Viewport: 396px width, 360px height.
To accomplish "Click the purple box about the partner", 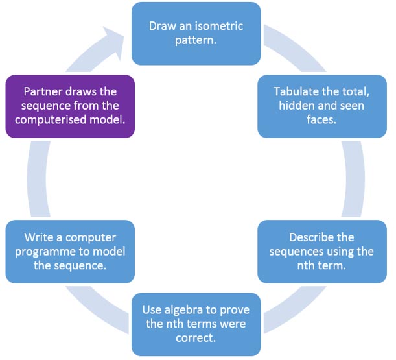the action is (x=70, y=106).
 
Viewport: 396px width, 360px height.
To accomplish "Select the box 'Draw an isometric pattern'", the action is (x=196, y=34).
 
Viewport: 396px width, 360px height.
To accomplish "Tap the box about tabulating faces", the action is (x=322, y=106).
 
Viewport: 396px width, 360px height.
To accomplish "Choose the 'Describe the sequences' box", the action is (x=322, y=252).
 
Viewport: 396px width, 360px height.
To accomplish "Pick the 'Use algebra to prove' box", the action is (x=196, y=324).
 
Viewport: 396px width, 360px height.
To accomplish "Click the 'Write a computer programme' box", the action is (x=70, y=252).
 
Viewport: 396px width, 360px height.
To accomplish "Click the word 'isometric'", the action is (x=218, y=26).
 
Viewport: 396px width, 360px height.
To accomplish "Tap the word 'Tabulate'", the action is (x=293, y=91).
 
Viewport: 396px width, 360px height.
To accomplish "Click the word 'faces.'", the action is (x=321, y=119).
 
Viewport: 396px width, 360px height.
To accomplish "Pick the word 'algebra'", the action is (x=183, y=310).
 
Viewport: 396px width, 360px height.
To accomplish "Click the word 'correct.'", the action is (x=196, y=338).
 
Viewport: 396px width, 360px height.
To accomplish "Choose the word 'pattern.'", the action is (x=196, y=40).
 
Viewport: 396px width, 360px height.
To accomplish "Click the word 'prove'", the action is (x=235, y=311).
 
